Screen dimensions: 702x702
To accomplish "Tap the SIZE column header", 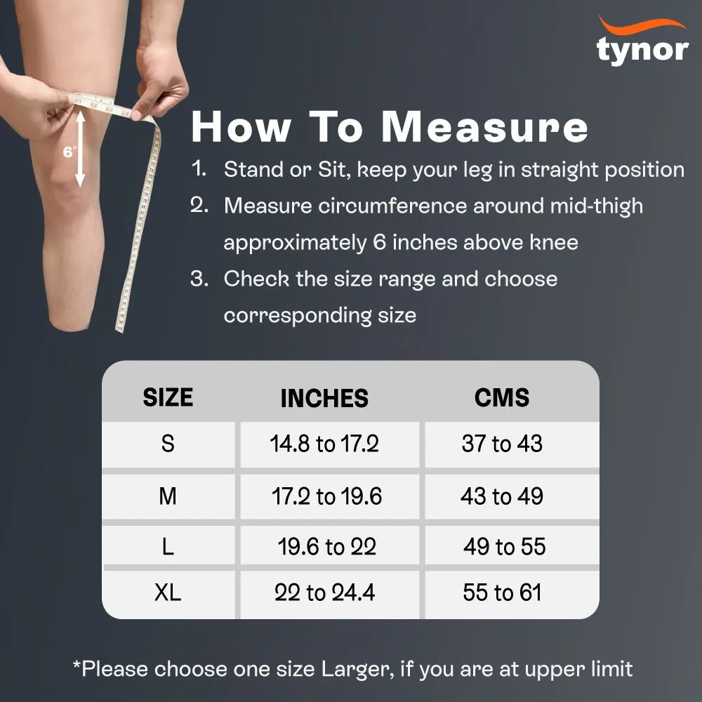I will pos(168,397).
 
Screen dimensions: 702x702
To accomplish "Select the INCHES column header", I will pos(324,398).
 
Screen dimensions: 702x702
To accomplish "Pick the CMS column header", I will pos(502,397).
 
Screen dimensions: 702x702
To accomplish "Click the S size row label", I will pos(168,444).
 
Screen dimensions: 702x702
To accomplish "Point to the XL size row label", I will pos(168,592).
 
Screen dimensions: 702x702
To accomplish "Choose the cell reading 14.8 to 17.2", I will pos(324,444).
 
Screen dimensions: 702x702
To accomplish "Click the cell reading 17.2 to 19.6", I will pos(327,497).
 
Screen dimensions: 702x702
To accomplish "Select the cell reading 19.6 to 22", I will pos(327,547).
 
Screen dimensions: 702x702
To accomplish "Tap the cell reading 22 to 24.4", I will pos(324,592).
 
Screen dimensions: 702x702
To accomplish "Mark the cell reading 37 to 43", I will pos(502,444).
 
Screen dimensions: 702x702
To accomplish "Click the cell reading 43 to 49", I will pos(502,497).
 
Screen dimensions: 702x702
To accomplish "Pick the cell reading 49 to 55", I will pos(504,547).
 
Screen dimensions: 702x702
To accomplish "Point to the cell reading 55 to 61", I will pos(502,592).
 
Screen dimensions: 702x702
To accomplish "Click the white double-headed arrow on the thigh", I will pos(81,150).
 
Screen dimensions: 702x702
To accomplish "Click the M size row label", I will pos(168,497).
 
